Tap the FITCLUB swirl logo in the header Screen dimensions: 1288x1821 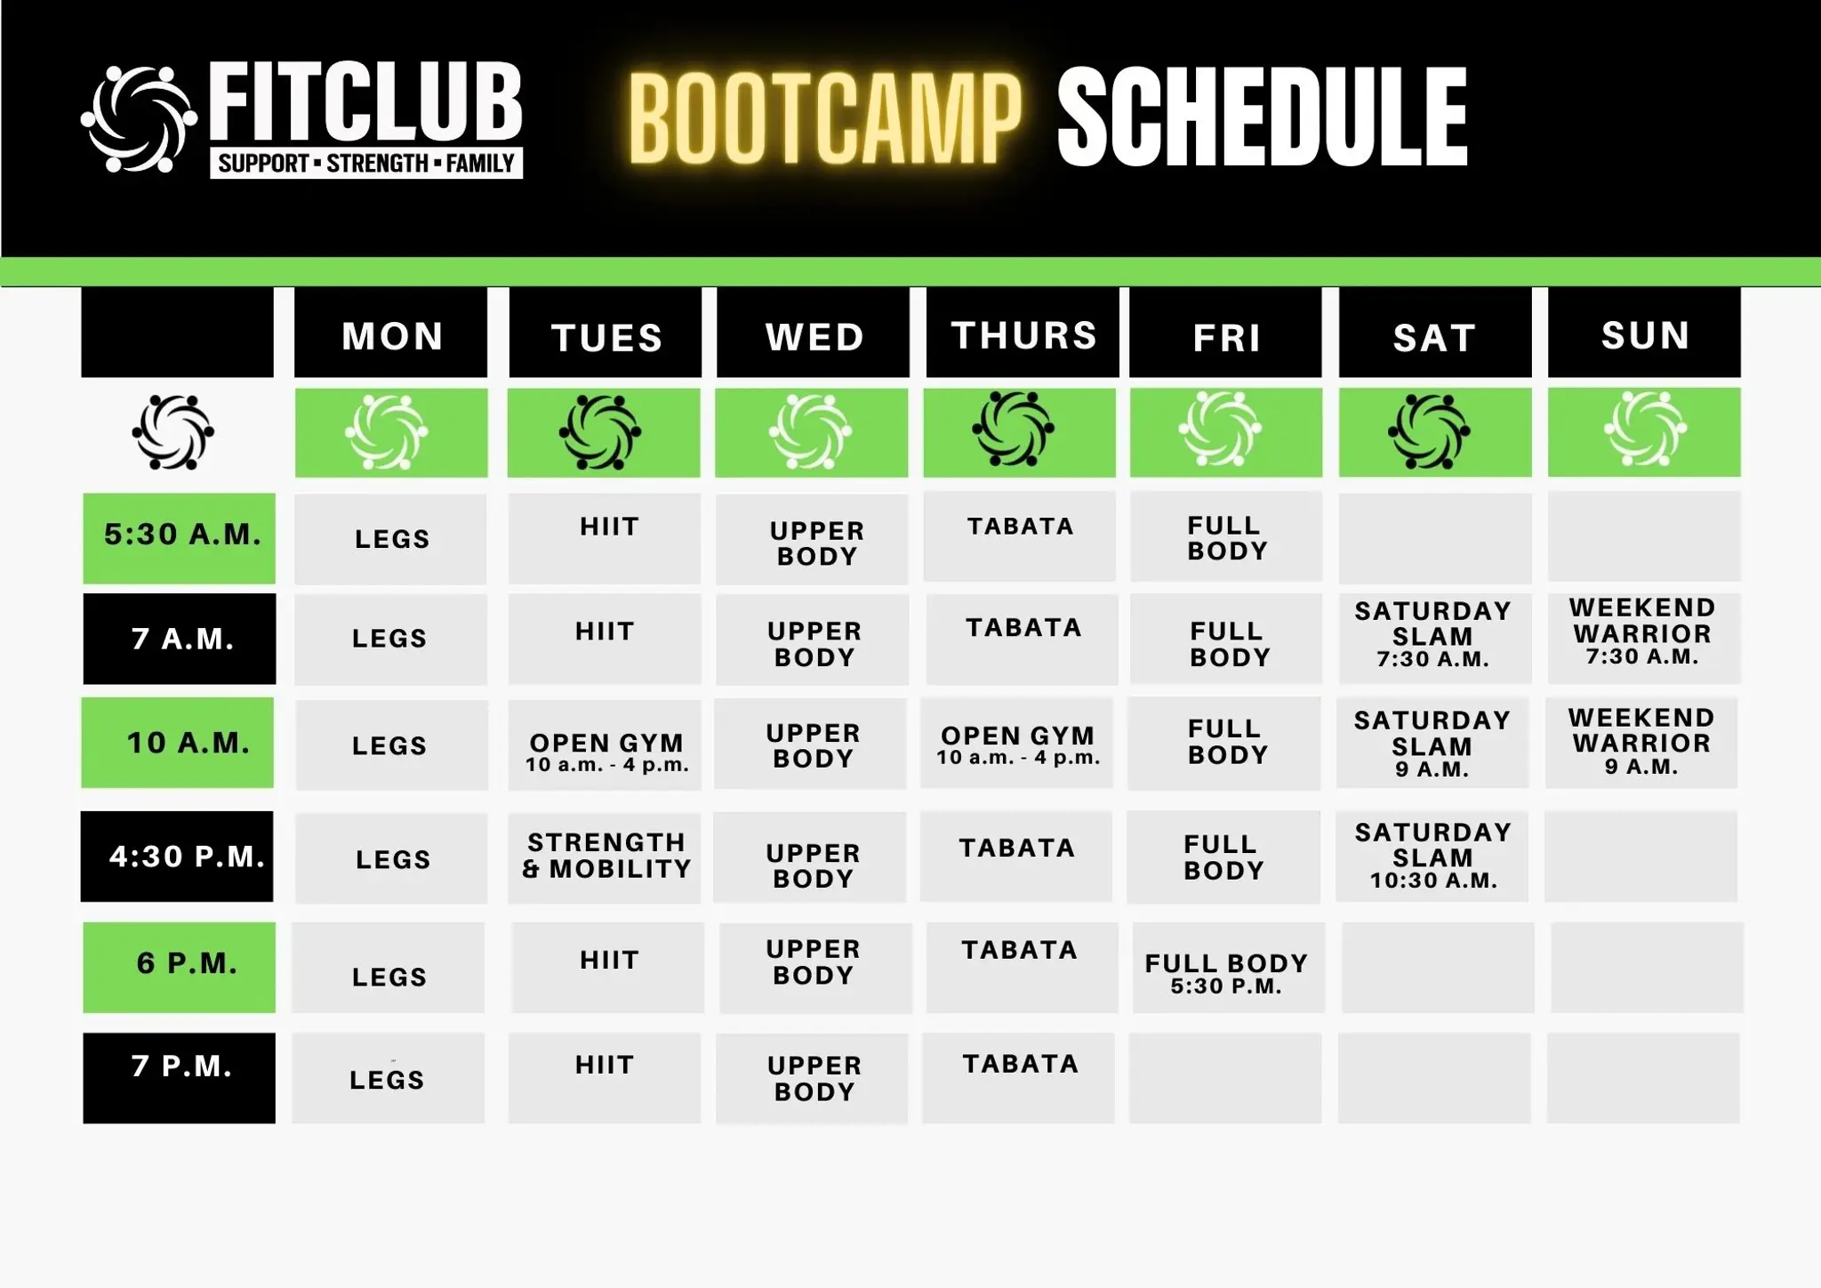coord(139,119)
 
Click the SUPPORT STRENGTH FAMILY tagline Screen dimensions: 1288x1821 coord(366,164)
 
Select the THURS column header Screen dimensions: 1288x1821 coord(1023,334)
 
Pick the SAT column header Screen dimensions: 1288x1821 coord(1434,336)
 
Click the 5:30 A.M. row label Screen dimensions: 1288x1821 coord(180,537)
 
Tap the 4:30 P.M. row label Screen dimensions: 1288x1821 coord(178,856)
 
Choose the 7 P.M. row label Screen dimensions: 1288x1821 coord(180,1076)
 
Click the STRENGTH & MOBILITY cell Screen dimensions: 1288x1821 coord(606,856)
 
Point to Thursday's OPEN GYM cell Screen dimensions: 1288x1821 coord(1017,744)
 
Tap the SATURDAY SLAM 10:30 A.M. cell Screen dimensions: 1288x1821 coord(1432,856)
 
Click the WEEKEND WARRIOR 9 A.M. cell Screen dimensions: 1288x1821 coord(1641,742)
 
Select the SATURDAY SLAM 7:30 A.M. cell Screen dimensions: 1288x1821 coord(1432,635)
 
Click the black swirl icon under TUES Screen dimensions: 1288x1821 coord(601,432)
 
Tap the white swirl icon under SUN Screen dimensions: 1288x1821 coord(1645,431)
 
